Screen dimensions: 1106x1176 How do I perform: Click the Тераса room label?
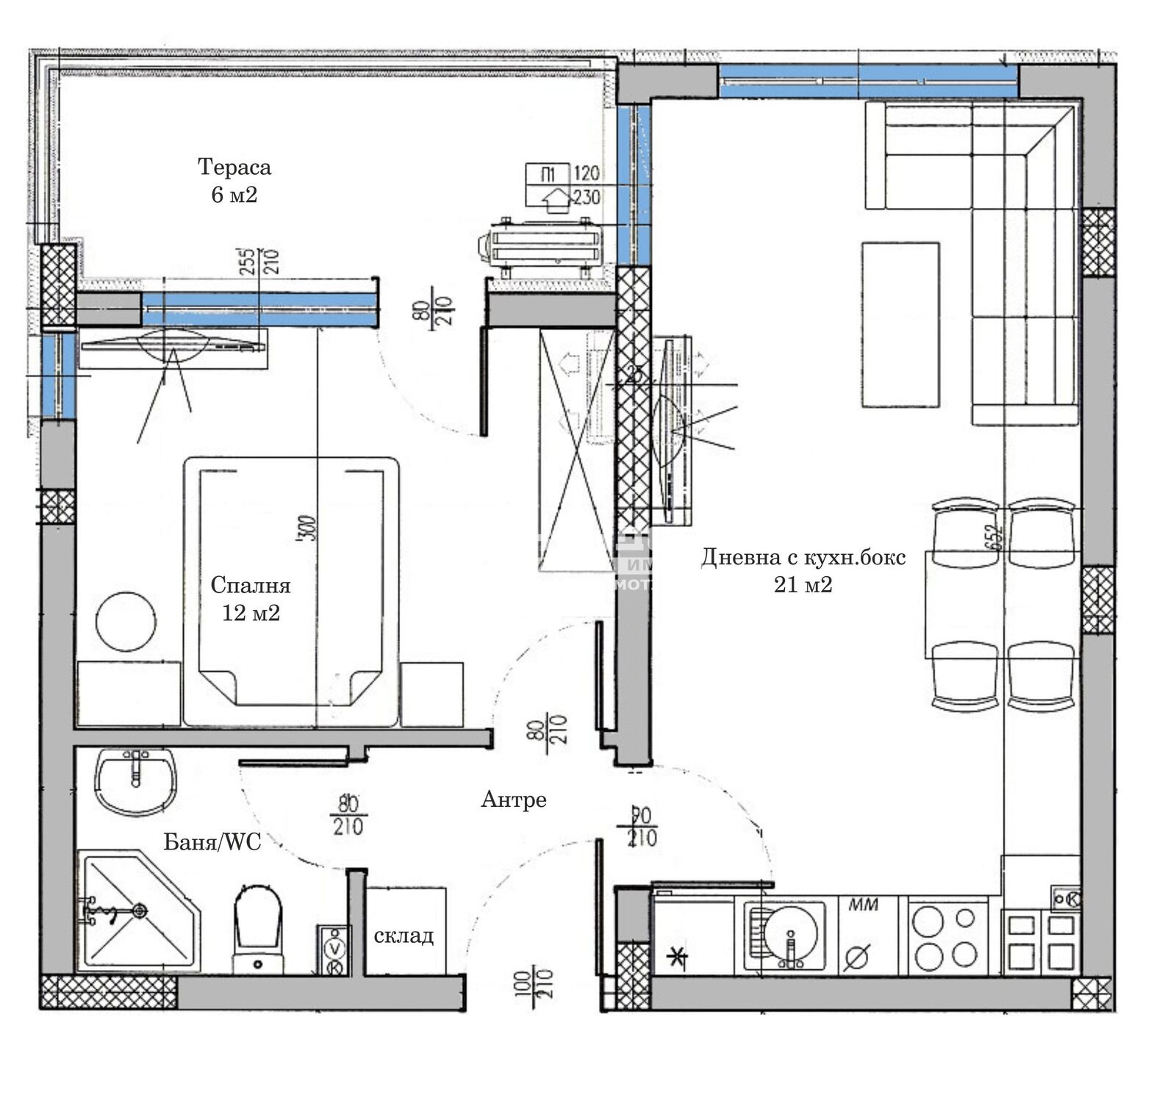(234, 168)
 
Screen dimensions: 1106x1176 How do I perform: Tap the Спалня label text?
(251, 585)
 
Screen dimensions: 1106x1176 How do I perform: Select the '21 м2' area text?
(803, 585)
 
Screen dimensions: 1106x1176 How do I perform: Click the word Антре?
(514, 800)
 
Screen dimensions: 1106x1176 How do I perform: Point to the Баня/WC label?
(212, 842)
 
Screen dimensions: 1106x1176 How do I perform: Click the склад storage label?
(404, 936)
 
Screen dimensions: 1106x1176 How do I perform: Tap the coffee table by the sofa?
(900, 324)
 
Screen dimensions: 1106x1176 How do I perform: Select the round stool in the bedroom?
(126, 622)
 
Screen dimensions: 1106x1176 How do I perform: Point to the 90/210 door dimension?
(643, 827)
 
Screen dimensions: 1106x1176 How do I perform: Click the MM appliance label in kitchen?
(864, 905)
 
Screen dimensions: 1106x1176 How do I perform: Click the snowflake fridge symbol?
(675, 957)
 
